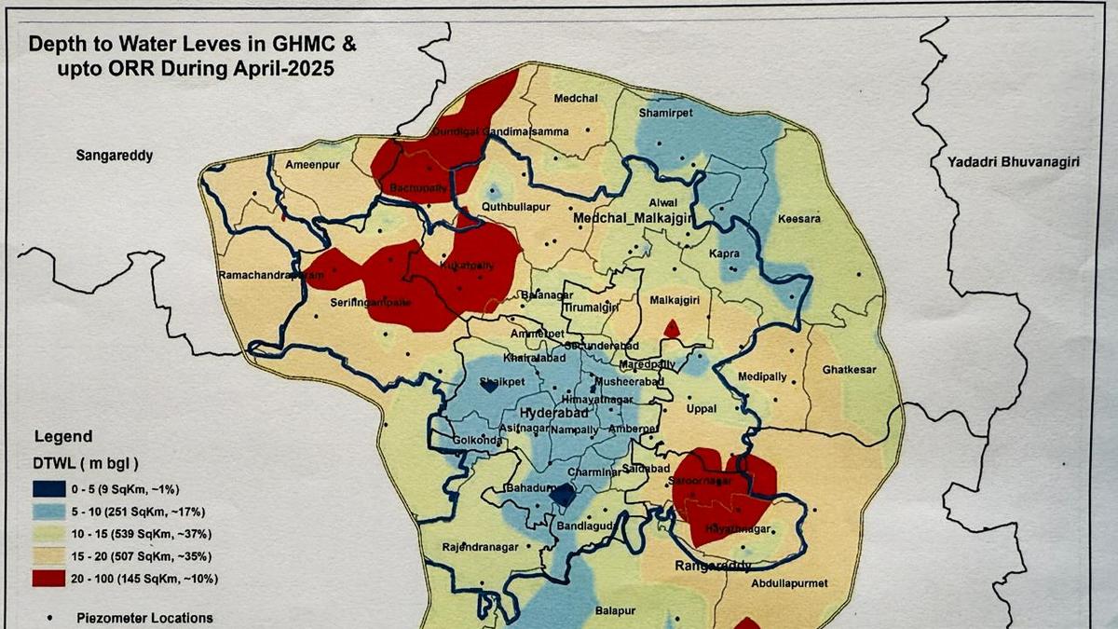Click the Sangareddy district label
[x=114, y=156]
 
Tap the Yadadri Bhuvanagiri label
[x=1013, y=162]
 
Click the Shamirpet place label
[x=663, y=113]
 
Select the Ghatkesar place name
[x=849, y=370]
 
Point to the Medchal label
[x=575, y=99]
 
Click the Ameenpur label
[x=308, y=164]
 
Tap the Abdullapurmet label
[x=788, y=584]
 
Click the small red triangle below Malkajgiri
[x=671, y=329]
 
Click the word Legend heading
[x=63, y=436]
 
